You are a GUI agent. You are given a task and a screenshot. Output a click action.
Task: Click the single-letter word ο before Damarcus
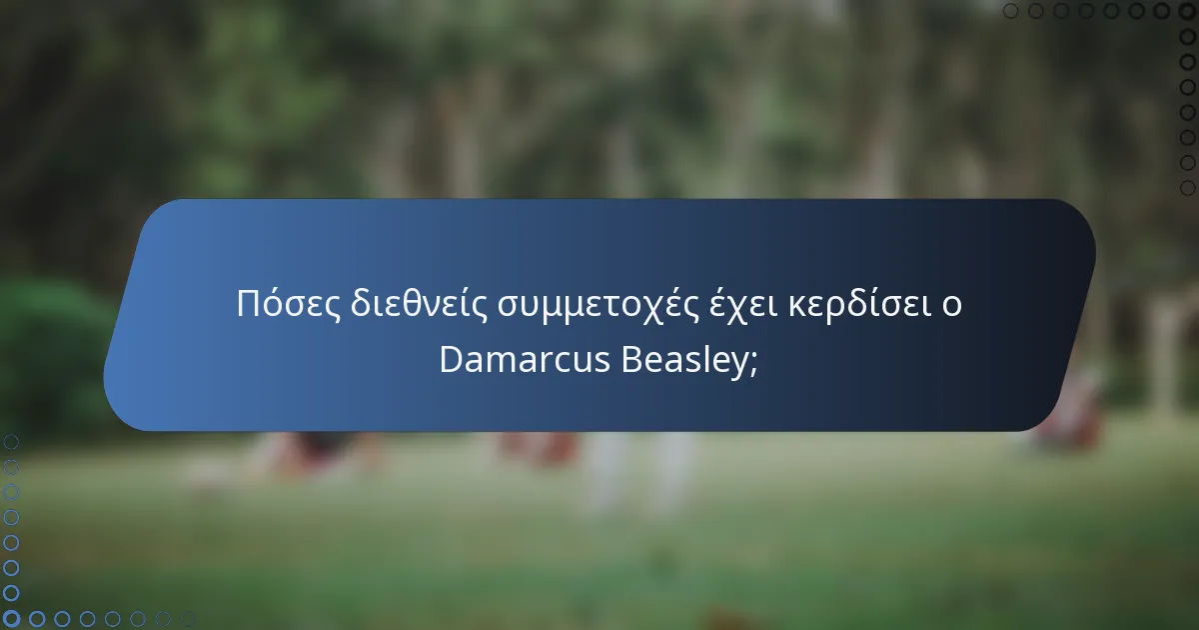pyautogui.click(x=952, y=306)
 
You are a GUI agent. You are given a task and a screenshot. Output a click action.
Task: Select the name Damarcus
pyautogui.click(x=526, y=360)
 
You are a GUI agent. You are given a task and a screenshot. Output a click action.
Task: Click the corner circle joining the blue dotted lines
pyautogui.click(x=11, y=619)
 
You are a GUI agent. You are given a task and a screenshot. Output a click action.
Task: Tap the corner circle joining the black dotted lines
pyautogui.click(x=1187, y=11)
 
